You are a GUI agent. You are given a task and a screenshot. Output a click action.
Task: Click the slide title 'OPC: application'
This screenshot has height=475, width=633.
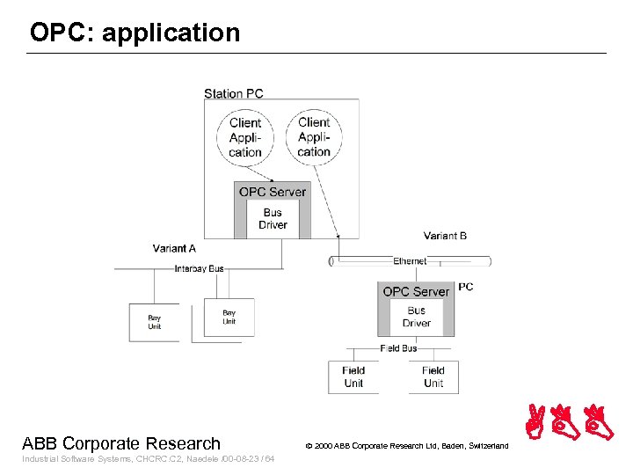pos(135,33)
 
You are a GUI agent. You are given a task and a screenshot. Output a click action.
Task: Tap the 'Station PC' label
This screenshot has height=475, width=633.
pos(233,93)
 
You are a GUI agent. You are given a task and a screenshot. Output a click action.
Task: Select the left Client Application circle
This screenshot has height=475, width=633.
pos(245,137)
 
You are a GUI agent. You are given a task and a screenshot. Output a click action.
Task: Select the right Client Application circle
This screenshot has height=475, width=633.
pos(314,136)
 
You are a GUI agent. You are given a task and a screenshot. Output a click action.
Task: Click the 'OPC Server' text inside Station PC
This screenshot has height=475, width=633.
pos(273,192)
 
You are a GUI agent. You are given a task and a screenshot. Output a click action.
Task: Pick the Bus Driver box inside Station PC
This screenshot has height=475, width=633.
pos(273,218)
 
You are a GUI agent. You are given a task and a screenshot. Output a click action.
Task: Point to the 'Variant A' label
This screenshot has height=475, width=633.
pos(174,248)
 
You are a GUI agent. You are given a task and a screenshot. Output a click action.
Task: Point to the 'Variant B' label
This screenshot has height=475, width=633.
pos(445,235)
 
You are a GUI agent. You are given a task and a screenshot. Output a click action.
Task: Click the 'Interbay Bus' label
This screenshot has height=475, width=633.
pos(199,268)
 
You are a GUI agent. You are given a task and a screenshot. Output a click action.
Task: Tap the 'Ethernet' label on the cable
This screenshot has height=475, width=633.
pos(410,261)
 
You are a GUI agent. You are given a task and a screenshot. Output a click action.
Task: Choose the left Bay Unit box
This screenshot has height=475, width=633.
pos(154,322)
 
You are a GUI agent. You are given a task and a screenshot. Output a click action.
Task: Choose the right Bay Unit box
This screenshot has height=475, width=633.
pos(229,318)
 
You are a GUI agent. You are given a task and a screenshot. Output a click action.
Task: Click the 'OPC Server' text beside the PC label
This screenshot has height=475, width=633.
pos(416,291)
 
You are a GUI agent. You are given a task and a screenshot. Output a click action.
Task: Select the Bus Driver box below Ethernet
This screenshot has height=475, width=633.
pos(416,317)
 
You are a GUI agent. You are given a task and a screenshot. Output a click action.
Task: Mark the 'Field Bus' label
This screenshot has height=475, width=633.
pos(398,348)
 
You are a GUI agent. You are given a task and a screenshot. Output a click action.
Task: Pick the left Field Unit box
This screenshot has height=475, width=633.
pos(353,376)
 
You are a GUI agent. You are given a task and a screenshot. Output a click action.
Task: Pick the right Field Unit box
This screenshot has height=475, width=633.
pos(433,376)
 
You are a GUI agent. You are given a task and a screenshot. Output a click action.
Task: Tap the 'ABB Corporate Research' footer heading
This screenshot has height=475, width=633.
pos(121,443)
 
